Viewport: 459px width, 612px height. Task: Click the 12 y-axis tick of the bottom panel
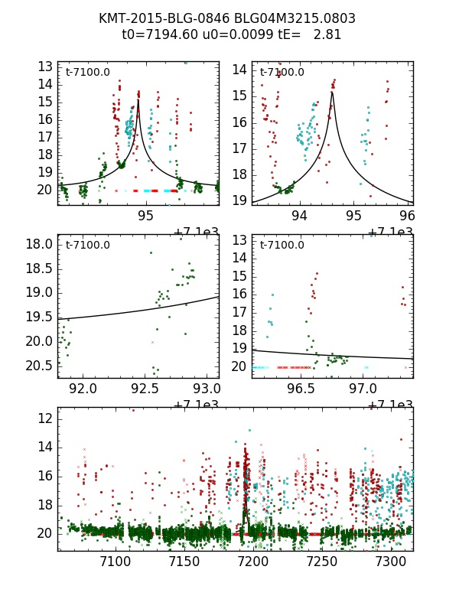(x=44, y=418)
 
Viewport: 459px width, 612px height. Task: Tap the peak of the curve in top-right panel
(x=332, y=93)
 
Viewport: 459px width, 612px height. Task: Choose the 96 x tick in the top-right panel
(x=408, y=216)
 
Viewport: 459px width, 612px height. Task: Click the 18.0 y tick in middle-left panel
(x=40, y=245)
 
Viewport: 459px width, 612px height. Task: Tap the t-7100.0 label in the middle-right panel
(x=282, y=245)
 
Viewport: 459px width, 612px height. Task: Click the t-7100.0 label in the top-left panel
(x=88, y=73)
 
